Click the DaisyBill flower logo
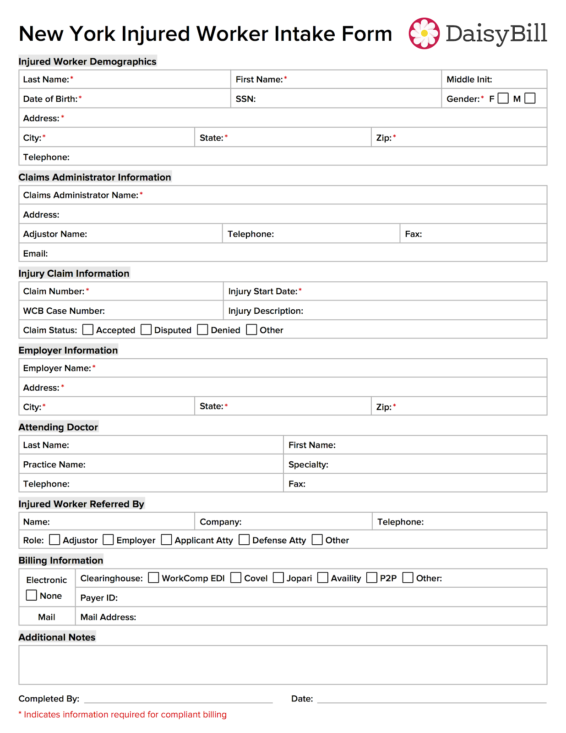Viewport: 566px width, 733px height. click(x=424, y=33)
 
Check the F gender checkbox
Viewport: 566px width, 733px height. click(x=503, y=98)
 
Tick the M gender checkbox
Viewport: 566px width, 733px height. click(x=530, y=98)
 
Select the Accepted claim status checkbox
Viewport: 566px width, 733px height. click(x=88, y=330)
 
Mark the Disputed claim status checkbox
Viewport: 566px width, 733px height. click(x=146, y=330)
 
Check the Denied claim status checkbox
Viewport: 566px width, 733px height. click(x=202, y=330)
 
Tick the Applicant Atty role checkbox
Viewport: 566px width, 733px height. click(x=167, y=540)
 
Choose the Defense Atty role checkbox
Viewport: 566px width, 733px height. click(x=245, y=540)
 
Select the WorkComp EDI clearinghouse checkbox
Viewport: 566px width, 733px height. click(x=154, y=578)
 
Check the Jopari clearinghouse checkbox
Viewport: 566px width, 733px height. click(x=278, y=578)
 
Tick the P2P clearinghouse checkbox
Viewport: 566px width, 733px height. click(x=372, y=578)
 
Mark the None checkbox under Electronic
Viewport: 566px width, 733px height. click(x=32, y=595)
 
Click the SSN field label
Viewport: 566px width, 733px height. click(x=245, y=99)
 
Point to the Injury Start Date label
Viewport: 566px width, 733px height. click(x=263, y=291)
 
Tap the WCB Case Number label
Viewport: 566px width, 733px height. click(x=64, y=311)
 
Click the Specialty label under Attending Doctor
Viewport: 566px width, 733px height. click(x=308, y=465)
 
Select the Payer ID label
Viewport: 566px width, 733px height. click(x=99, y=598)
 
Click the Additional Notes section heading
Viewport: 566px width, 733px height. click(x=57, y=637)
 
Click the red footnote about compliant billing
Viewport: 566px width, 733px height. click(x=123, y=715)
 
